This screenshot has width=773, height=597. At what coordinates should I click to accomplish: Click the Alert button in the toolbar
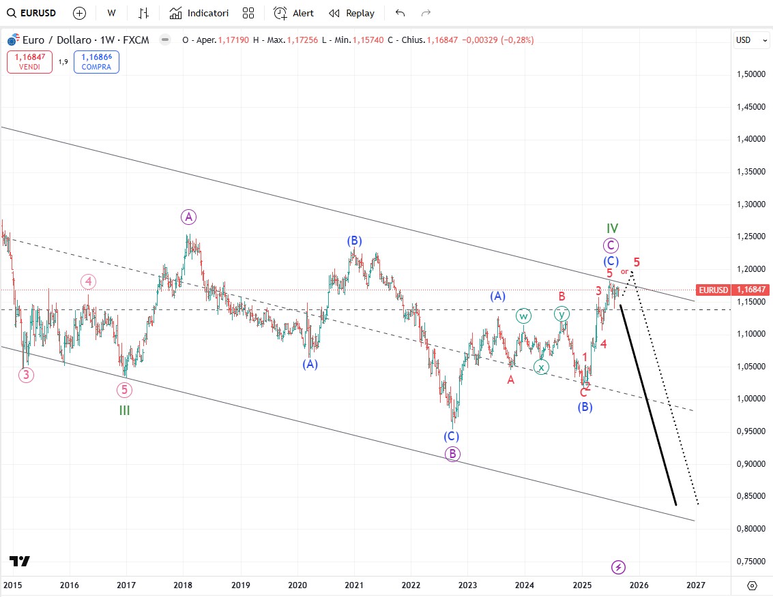pos(293,13)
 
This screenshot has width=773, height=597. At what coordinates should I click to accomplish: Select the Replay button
pos(351,13)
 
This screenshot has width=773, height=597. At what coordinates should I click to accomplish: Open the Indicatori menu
pos(199,13)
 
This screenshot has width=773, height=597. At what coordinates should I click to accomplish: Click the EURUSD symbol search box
pos(32,13)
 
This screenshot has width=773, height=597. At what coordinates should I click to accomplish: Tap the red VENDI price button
pos(29,63)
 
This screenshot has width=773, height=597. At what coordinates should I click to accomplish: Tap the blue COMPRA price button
pos(96,63)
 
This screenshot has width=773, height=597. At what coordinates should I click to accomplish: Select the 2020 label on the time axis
pos(297,585)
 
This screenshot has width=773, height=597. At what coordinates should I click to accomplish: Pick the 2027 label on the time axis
pos(696,585)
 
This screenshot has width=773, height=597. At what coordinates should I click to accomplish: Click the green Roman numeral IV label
pos(612,228)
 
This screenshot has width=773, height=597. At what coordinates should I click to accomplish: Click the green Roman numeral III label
pos(124,410)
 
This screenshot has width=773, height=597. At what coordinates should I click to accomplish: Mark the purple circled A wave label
pos(188,217)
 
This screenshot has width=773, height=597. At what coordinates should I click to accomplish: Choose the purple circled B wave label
pos(453,454)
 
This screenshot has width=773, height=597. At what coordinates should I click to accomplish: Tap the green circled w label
pos(523,316)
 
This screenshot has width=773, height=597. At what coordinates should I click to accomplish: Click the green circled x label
pos(541,367)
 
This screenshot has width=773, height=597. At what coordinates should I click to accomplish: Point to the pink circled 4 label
pos(88,281)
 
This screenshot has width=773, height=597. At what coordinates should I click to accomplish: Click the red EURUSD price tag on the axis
pos(714,290)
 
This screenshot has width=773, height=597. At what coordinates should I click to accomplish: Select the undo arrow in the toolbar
pos(400,13)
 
